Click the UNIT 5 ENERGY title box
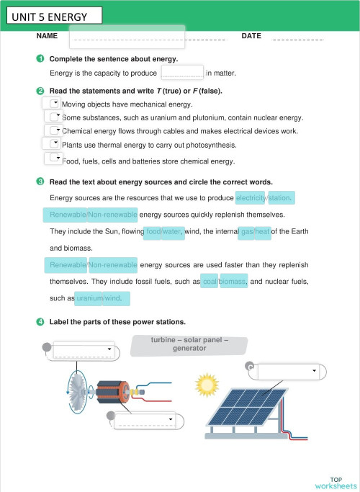(51, 16)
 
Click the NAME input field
(127, 37)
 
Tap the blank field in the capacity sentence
(181, 72)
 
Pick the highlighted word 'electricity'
(251, 197)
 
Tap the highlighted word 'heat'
(262, 232)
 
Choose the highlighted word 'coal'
(210, 282)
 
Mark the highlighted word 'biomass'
(233, 282)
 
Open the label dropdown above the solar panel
(287, 372)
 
